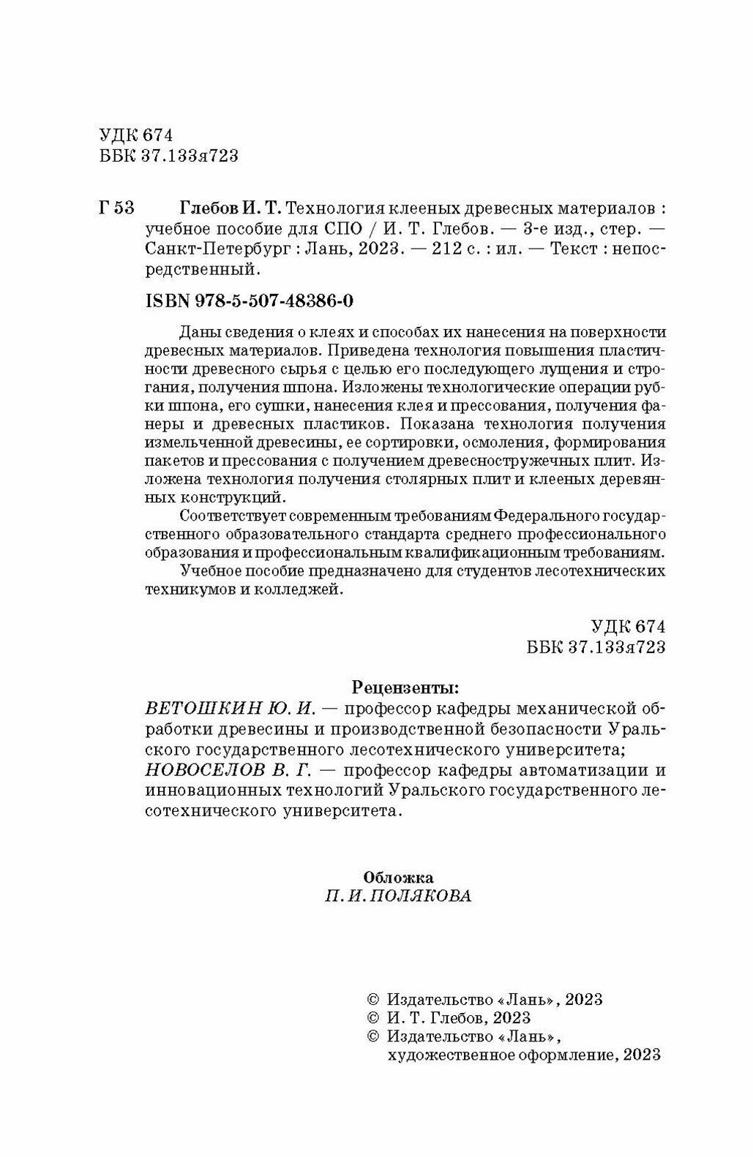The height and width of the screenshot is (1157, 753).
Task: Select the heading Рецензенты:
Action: tap(407, 687)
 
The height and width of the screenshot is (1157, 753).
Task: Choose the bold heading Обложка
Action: tap(398, 877)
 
